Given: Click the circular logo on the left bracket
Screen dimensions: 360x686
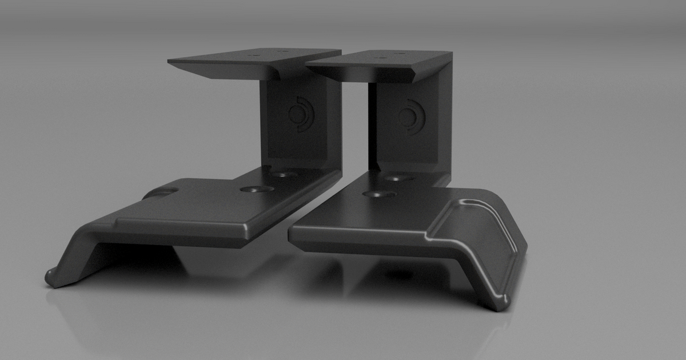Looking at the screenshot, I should (x=300, y=114).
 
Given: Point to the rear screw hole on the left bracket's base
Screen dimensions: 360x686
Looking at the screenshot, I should (x=284, y=174).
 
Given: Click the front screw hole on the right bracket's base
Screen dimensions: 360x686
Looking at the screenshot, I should (x=379, y=194).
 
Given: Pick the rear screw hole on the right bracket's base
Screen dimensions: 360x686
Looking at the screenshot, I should (x=400, y=178).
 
